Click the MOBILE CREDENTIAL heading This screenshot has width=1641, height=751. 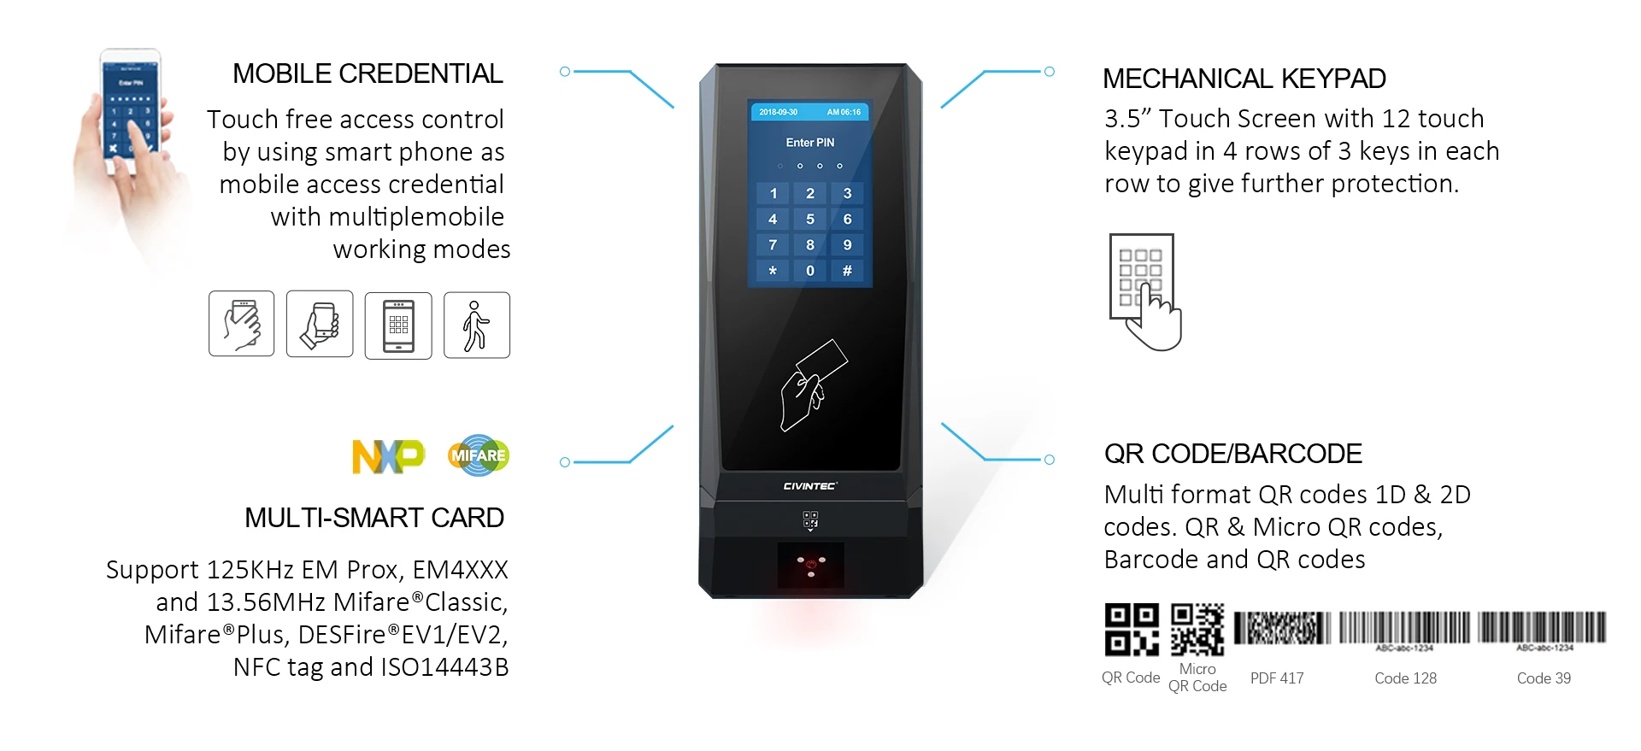(368, 74)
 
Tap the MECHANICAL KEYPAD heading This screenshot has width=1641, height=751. (1244, 79)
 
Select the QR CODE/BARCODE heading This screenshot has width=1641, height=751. (1232, 454)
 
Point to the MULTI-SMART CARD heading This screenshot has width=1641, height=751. (373, 518)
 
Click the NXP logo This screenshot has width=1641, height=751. (388, 456)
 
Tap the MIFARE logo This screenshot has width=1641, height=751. (479, 455)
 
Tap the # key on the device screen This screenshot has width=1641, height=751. (847, 271)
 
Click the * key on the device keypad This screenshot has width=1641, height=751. (773, 271)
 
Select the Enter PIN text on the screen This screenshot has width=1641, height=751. (809, 143)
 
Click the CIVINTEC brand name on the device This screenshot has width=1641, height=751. (809, 486)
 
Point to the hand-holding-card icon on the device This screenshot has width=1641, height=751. (812, 385)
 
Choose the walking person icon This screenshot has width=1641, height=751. (476, 326)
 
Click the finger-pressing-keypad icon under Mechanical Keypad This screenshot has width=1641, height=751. (1145, 291)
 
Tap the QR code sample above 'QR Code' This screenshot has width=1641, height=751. (1131, 629)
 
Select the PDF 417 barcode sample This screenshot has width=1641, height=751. (1282, 628)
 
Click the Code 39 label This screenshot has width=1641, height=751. (1544, 678)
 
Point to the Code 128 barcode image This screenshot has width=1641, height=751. (1404, 628)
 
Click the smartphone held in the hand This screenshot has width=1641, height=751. (131, 111)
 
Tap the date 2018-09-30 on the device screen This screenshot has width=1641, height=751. (778, 112)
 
